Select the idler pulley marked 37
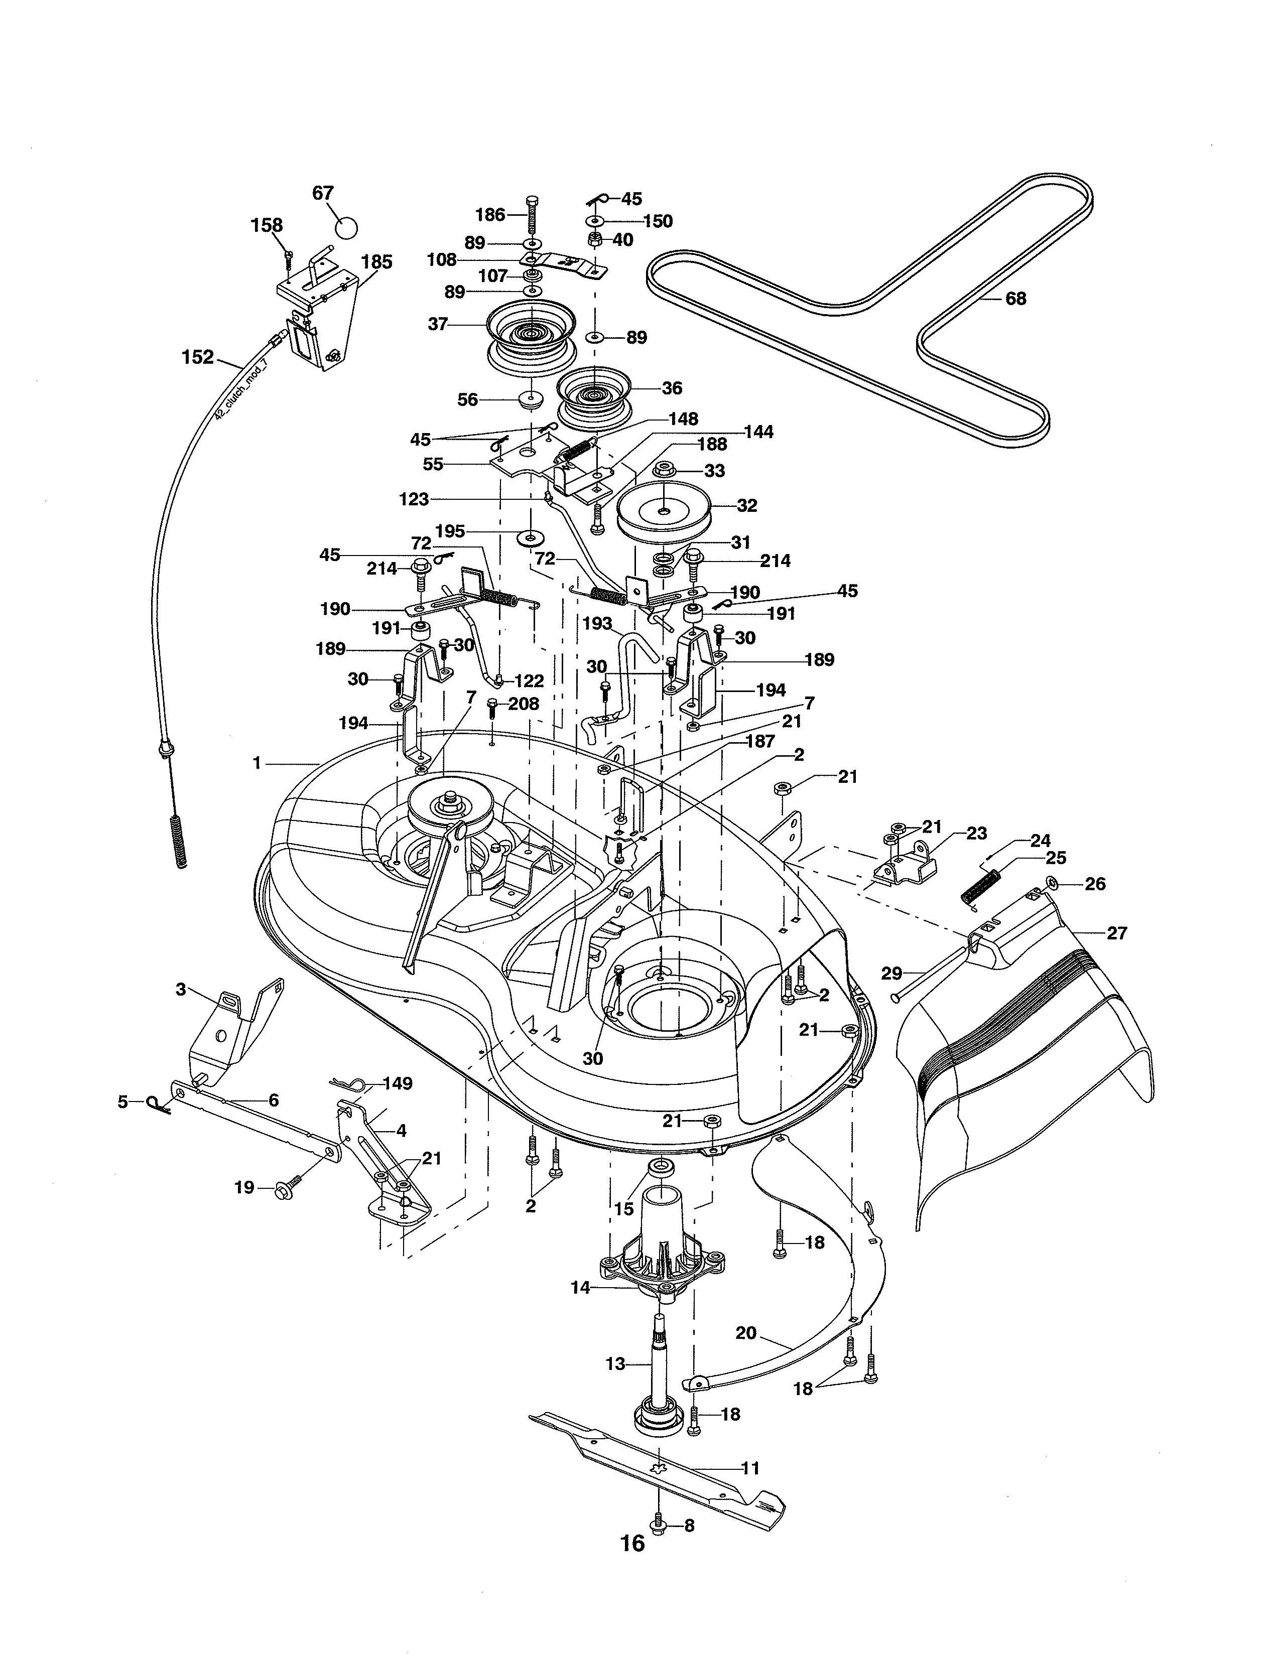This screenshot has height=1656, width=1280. pyautogui.click(x=530, y=334)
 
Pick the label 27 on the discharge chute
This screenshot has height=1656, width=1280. pyautogui.click(x=1116, y=933)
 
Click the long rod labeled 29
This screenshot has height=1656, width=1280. pyautogui.click(x=933, y=970)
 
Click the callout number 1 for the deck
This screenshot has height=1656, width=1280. pyautogui.click(x=257, y=764)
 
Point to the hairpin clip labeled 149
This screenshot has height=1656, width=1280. pyautogui.click(x=350, y=1086)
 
